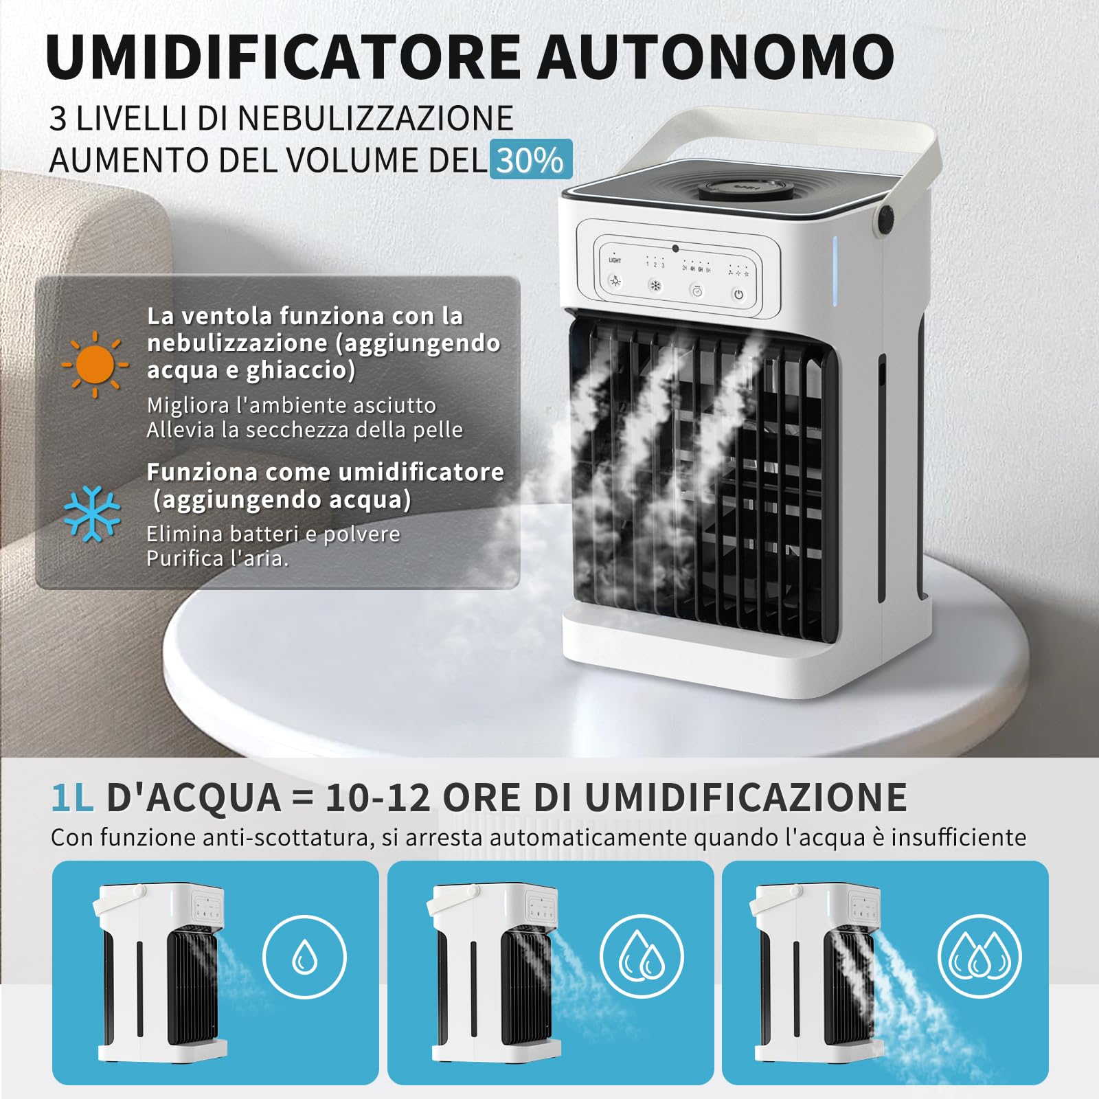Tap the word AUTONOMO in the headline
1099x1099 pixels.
point(716,56)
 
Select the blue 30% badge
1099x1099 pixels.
point(530,160)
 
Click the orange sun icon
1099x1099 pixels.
point(94,365)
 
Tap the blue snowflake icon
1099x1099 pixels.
point(92,514)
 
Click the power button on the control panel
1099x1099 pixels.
point(738,295)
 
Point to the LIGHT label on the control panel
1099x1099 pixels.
point(615,260)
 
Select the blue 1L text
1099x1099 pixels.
point(72,798)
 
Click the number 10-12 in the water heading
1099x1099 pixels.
point(378,798)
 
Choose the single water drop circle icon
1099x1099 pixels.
point(304,957)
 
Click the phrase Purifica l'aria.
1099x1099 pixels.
point(217,558)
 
